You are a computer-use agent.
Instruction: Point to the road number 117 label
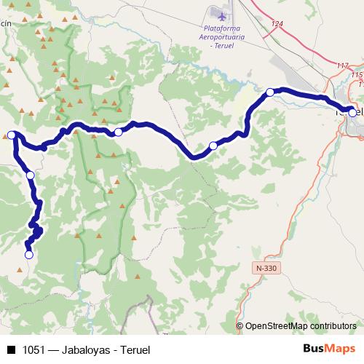tap(344, 66)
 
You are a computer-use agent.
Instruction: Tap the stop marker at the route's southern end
tap(29, 255)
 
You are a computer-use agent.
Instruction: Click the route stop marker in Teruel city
tap(352, 112)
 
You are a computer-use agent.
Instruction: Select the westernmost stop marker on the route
tap(12, 134)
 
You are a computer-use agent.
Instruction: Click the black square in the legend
tap(11, 349)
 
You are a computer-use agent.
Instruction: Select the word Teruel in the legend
tap(133, 349)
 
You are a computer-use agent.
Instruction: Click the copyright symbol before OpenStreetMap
tap(240, 326)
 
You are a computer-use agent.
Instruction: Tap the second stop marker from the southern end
tap(31, 175)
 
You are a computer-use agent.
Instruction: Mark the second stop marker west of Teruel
tap(213, 146)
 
